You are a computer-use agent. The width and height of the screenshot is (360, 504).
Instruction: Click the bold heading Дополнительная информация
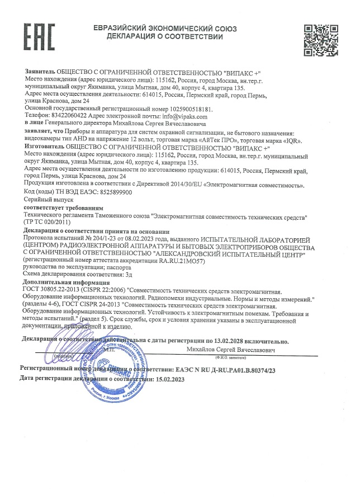tap(60, 284)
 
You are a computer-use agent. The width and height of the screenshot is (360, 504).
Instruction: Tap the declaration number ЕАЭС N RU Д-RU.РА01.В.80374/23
tap(223, 369)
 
